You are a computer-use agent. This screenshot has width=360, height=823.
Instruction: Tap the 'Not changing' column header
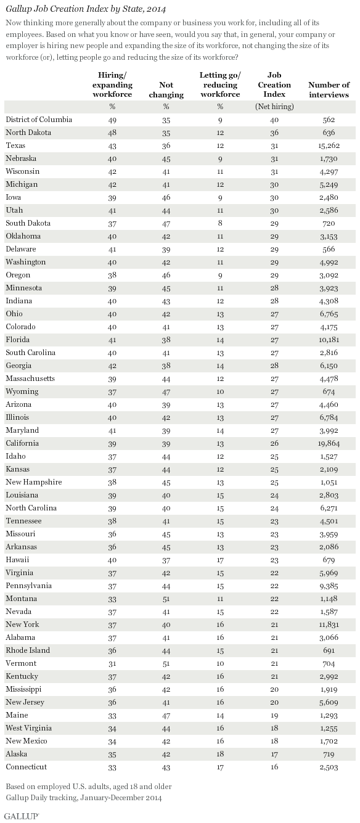tap(166, 90)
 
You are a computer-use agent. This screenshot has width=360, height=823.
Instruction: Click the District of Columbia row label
tap(38, 119)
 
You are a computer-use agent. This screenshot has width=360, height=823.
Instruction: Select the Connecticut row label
tap(26, 766)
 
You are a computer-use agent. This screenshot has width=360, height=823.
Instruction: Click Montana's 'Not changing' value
tap(166, 598)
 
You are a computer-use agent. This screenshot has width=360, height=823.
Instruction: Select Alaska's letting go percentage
tap(220, 753)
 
